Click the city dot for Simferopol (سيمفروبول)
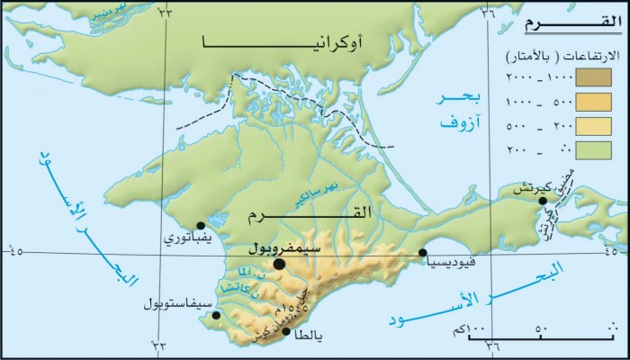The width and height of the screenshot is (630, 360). pyautogui.click(x=280, y=264)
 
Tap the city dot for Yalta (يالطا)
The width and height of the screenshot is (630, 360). pyautogui.click(x=287, y=332)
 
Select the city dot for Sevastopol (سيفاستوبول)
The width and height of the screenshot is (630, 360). pyautogui.click(x=215, y=316)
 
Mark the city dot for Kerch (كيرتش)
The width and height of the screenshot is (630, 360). pyautogui.click(x=543, y=201)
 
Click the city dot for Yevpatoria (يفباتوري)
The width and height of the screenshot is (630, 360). pyautogui.click(x=201, y=225)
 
